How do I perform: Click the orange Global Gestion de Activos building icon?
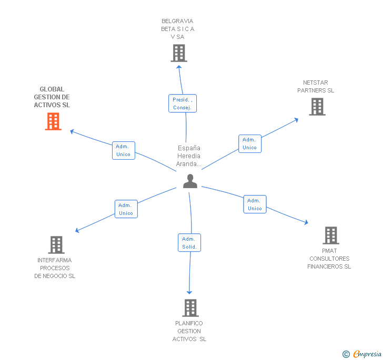click(53, 121)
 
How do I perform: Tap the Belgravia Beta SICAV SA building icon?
click(179, 53)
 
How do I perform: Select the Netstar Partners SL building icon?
click(317, 107)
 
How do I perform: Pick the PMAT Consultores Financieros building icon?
click(330, 235)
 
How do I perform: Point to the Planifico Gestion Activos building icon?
click(190, 307)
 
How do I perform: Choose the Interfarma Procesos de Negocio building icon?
click(56, 244)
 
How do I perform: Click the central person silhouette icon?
click(190, 181)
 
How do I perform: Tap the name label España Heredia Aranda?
click(189, 156)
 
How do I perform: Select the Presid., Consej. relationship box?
click(183, 104)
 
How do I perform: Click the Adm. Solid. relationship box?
click(189, 243)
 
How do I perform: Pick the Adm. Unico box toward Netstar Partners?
click(249, 143)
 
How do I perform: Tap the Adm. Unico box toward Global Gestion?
click(124, 150)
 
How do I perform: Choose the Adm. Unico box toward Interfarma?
click(126, 209)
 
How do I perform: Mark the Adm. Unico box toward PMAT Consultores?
click(255, 204)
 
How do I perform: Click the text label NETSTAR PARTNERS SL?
click(316, 87)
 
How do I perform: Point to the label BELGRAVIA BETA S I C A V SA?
click(177, 29)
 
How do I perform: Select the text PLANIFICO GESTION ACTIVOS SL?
click(189, 331)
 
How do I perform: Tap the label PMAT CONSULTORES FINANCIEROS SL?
click(329, 259)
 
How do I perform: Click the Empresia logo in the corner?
click(362, 354)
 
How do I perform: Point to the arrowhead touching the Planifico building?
click(189, 292)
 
